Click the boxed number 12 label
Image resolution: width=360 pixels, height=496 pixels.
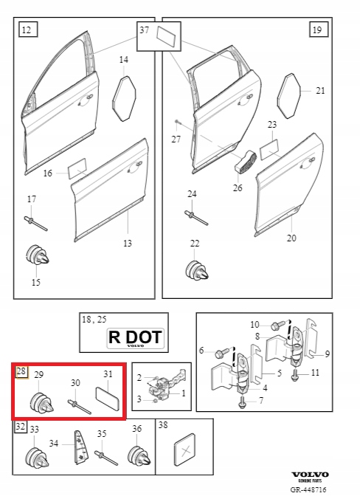tap(26, 30)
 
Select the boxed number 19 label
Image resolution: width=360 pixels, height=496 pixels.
tap(317, 30)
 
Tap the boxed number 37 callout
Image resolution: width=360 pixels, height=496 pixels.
tap(144, 30)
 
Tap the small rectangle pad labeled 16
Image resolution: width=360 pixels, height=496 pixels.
tap(78, 170)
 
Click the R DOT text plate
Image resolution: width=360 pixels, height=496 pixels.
tap(136, 338)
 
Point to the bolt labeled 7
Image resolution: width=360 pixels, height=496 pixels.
tap(243, 402)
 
